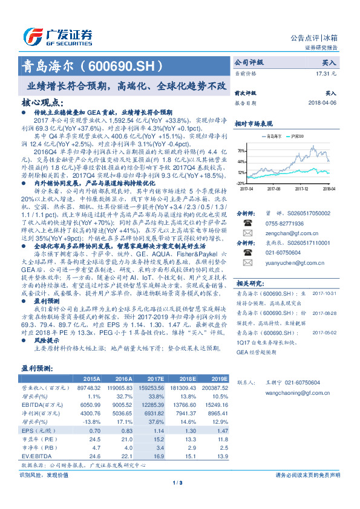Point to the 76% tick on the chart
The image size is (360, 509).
(x=241, y=151)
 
